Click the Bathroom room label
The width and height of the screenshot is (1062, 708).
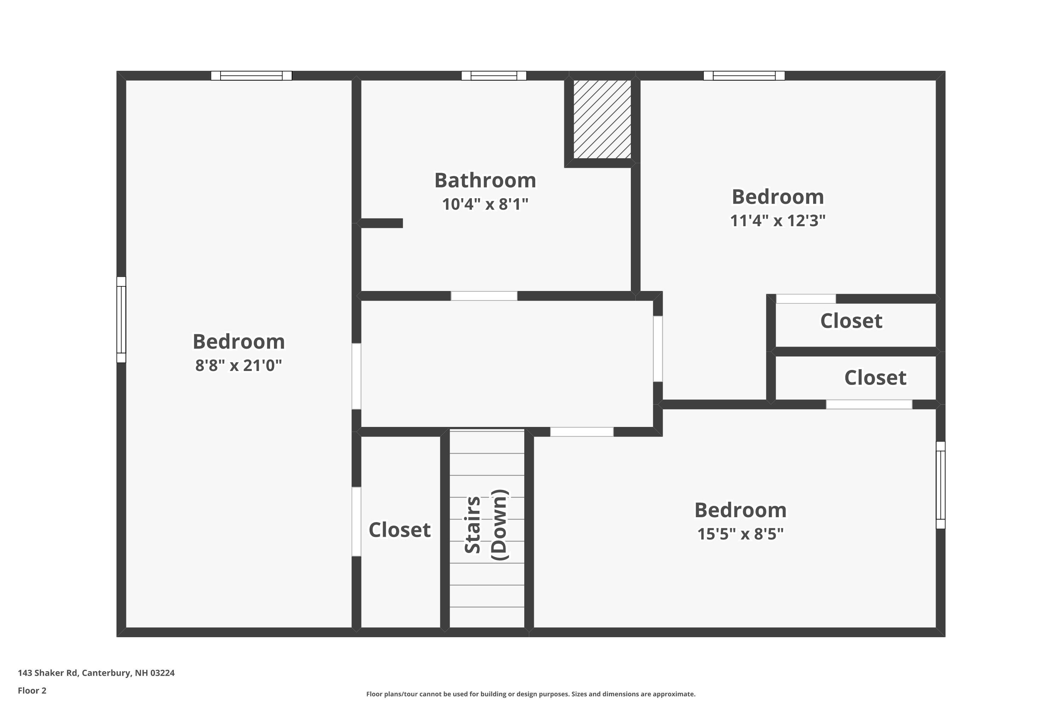click(x=485, y=181)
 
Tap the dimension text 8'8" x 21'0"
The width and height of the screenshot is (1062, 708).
click(x=238, y=365)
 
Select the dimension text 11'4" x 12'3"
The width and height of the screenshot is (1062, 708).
click(x=777, y=221)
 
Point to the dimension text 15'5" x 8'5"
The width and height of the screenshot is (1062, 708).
click(x=740, y=534)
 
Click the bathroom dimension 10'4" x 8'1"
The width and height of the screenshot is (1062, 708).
click(x=485, y=205)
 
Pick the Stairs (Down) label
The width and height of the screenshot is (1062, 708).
click(x=486, y=525)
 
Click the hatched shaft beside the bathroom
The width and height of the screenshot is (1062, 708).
click(x=602, y=119)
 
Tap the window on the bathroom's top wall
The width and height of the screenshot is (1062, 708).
click(x=493, y=75)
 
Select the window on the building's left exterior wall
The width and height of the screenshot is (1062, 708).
click(x=121, y=319)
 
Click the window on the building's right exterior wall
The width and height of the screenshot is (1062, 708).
click(x=940, y=485)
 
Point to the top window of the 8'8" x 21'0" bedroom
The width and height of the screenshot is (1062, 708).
click(x=251, y=75)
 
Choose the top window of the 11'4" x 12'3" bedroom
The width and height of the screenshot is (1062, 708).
click(x=744, y=75)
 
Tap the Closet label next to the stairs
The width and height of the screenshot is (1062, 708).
click(x=399, y=530)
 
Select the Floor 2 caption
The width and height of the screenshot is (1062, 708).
click(x=32, y=690)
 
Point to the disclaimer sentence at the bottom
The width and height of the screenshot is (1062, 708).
click(x=531, y=694)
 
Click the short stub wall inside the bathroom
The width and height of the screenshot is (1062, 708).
click(x=382, y=223)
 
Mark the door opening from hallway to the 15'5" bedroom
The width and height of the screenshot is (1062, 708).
click(x=582, y=432)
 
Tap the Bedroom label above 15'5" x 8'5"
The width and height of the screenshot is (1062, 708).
click(x=740, y=510)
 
